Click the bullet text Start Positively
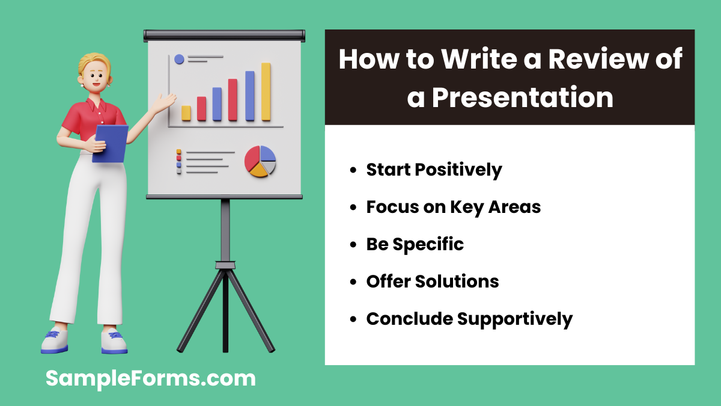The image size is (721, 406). [434, 170]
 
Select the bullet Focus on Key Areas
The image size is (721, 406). [454, 208]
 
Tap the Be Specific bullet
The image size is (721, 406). [415, 244]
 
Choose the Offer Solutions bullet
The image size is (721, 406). [433, 281]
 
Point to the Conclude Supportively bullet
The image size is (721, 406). [469, 319]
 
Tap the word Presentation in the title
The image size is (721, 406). [522, 97]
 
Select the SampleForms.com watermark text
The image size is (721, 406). [151, 378]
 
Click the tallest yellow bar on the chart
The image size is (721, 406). [266, 91]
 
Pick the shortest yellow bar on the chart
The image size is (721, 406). [186, 113]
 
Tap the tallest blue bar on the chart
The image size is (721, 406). [249, 96]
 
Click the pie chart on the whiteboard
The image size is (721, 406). [260, 161]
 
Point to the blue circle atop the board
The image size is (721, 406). [179, 59]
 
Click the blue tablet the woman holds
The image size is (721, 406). [110, 143]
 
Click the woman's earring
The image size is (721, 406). [82, 85]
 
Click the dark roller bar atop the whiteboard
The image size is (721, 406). [224, 35]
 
